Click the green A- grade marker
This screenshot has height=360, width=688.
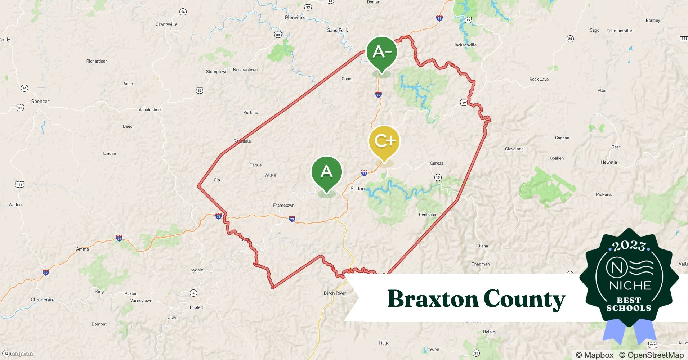coord(382,53)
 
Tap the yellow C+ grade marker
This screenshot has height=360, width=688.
coord(384,141)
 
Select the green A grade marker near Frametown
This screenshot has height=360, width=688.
coord(326,172)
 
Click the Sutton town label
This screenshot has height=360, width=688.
coord(357,189)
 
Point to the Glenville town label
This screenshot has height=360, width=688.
coord(294,17)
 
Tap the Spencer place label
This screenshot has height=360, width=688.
coord(40,102)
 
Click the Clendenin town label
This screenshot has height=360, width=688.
coord(42,300)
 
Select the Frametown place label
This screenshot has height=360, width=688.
coord(284,206)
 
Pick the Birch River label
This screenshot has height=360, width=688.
coord(335,293)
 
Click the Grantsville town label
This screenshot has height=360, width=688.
coord(166,24)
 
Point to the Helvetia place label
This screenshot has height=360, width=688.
coord(609,162)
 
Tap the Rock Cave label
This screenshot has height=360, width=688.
coord(539,80)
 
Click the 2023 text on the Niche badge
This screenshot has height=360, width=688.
coord(629,246)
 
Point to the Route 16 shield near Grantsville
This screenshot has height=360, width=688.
coord(183,12)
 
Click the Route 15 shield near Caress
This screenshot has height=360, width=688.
coord(438,177)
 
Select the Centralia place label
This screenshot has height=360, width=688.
coord(427,215)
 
